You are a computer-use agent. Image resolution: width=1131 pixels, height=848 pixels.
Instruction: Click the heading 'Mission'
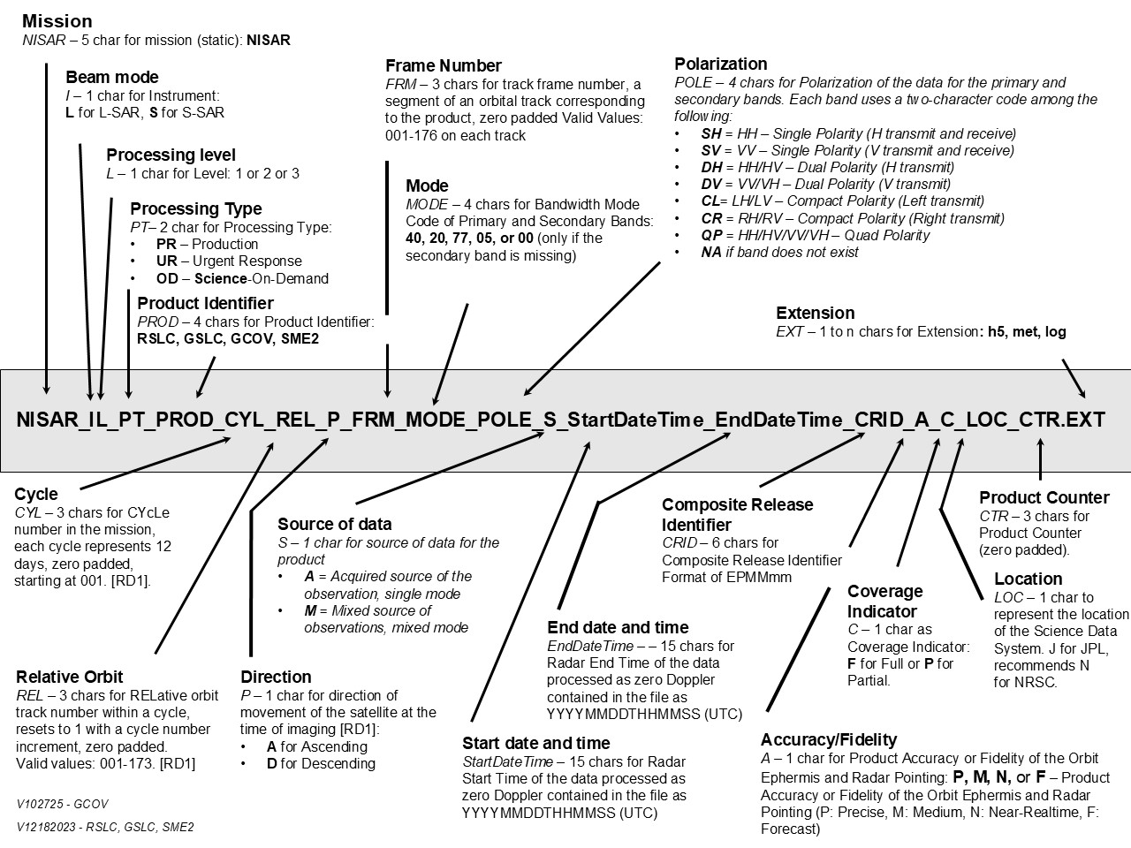[x=57, y=20]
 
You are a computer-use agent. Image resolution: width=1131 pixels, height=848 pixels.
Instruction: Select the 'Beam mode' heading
[x=112, y=77]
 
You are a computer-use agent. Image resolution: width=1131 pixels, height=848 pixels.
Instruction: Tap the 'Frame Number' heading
[x=444, y=65]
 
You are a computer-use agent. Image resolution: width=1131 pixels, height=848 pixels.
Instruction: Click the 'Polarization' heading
[x=720, y=64]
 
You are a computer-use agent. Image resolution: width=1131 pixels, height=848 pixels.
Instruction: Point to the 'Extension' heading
[x=815, y=313]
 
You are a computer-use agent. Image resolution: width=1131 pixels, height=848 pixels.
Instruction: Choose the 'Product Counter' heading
[x=1044, y=497]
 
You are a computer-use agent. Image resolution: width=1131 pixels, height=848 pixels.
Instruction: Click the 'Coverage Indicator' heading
[x=884, y=601]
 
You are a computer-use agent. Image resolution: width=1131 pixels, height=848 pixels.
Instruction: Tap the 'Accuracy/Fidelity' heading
[x=828, y=739]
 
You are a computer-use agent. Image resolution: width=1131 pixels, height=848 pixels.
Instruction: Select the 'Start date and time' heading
[x=535, y=743]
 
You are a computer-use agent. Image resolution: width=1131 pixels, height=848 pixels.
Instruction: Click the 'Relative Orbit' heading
[x=70, y=677]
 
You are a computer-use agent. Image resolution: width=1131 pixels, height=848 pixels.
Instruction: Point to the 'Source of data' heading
[x=334, y=524]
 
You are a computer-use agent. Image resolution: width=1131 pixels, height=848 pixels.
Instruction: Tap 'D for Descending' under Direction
[x=321, y=763]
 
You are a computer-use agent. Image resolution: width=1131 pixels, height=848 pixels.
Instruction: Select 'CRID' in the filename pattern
[x=878, y=420]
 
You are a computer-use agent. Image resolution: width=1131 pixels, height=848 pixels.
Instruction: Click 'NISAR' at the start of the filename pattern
[x=45, y=420]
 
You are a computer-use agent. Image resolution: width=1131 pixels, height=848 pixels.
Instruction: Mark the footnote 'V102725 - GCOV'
[x=62, y=805]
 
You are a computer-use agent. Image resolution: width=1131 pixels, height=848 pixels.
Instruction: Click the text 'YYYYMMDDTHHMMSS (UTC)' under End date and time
[x=644, y=714]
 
